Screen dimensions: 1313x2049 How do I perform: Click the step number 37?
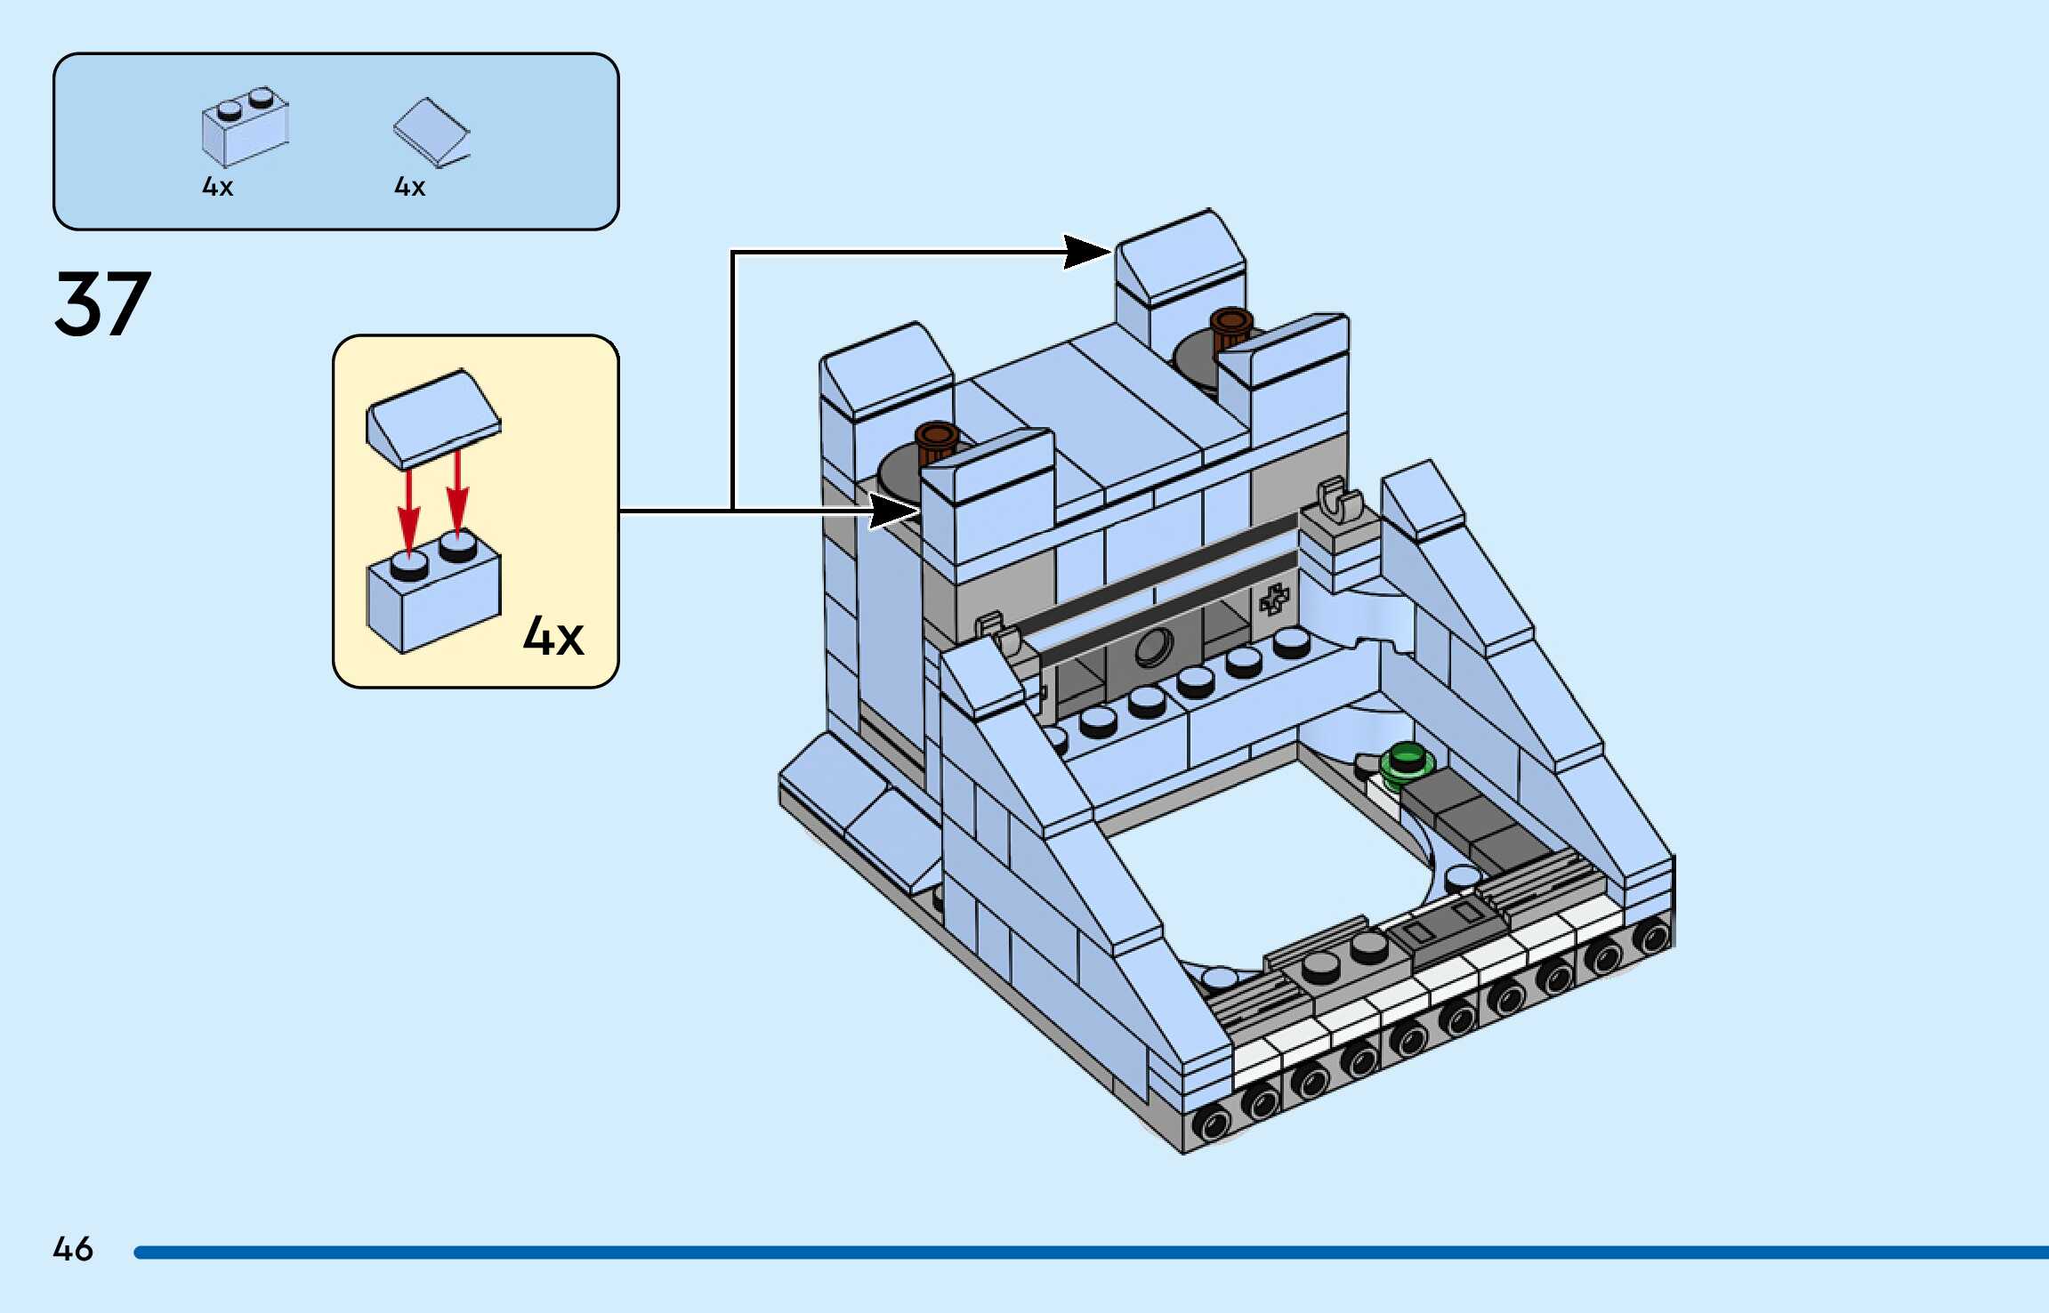tap(102, 304)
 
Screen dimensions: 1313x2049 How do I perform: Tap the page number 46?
tap(73, 1249)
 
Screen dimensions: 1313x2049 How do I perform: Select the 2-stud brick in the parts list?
tap(245, 127)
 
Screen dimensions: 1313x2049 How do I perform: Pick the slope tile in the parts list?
tap(432, 132)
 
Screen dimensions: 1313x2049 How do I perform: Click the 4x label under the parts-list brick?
tap(218, 187)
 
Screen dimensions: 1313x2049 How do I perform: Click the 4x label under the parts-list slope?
tap(410, 187)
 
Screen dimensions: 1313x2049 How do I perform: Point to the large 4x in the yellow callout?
tap(553, 636)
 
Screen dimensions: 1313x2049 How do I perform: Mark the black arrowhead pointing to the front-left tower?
tap(894, 511)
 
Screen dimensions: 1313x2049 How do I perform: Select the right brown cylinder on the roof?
tap(1231, 327)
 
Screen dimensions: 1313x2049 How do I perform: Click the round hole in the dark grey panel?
tap(1155, 646)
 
